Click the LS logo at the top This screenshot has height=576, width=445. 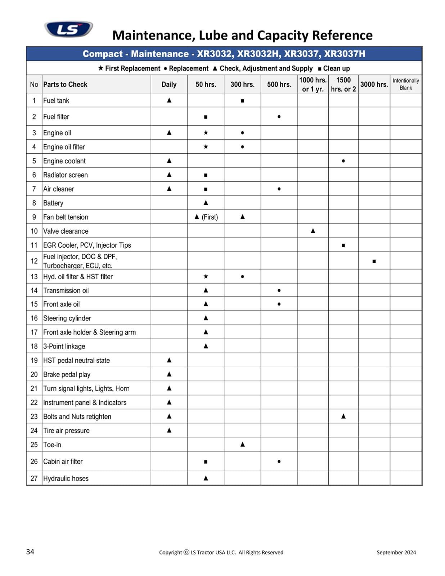(x=68, y=29)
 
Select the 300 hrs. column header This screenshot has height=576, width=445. (x=242, y=85)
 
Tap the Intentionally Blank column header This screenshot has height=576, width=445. (x=405, y=84)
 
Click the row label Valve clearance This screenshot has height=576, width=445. (x=66, y=231)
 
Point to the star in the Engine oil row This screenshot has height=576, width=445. (x=206, y=132)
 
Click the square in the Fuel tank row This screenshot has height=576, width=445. (x=242, y=101)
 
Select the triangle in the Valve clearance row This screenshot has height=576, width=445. (x=313, y=231)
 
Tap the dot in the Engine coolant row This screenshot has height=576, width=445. (x=343, y=161)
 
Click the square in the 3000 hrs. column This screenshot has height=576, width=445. (x=374, y=261)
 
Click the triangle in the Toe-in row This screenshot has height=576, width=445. (x=242, y=444)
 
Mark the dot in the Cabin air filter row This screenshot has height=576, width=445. (x=279, y=461)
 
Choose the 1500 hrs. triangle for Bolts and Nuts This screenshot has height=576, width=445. (x=343, y=416)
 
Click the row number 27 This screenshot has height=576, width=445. (x=34, y=478)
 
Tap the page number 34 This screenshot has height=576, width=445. (x=30, y=552)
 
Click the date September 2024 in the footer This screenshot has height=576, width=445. (x=396, y=553)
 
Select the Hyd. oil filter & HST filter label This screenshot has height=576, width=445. (x=78, y=277)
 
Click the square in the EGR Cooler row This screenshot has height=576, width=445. (x=343, y=246)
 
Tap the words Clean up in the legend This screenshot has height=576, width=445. (x=336, y=68)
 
